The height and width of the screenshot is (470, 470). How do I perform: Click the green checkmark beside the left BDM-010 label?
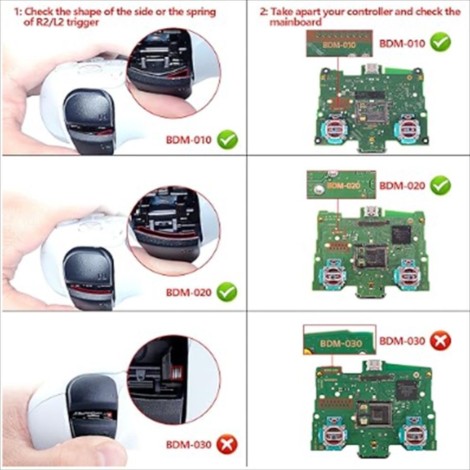pyautogui.click(x=228, y=140)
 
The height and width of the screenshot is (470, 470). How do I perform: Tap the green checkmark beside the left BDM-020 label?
pyautogui.click(x=227, y=292)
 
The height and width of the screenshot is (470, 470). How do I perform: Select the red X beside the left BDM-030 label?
pyautogui.click(x=227, y=444)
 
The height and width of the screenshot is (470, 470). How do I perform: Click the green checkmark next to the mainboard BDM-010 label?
pyautogui.click(x=440, y=43)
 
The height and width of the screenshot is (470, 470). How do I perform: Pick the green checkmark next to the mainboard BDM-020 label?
pyautogui.click(x=440, y=185)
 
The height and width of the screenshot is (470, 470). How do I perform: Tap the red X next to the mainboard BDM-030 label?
pyautogui.click(x=440, y=341)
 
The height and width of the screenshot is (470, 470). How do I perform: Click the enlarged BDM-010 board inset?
pyautogui.click(x=339, y=43)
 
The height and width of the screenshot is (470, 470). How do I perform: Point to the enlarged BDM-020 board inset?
pyautogui.click(x=341, y=185)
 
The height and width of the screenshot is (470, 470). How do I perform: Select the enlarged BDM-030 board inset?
pyautogui.click(x=339, y=339)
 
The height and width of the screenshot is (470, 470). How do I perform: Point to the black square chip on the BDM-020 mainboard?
pyautogui.click(x=401, y=234)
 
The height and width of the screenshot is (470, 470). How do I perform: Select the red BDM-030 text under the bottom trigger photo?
pyautogui.click(x=188, y=444)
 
